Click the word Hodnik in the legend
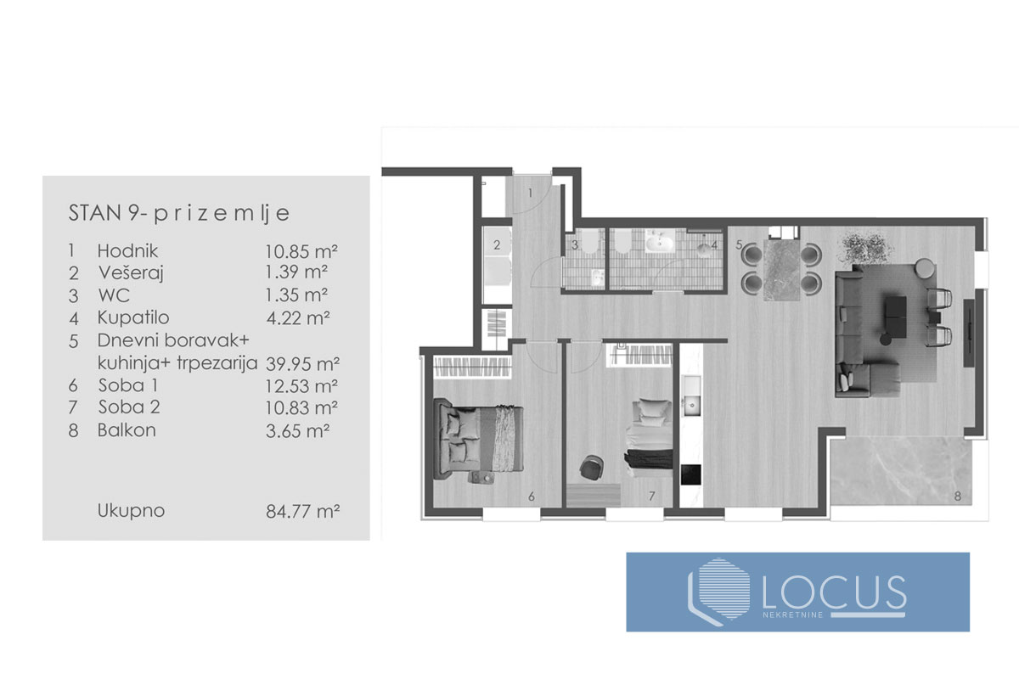coord(127,250)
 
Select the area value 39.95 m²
coord(302,364)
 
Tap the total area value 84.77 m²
coord(302,511)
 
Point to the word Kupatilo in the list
coord(133,317)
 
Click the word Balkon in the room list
coord(127,429)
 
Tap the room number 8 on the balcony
coord(958,497)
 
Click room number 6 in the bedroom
coord(532,497)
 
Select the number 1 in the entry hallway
coord(530,194)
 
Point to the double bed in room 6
coord(478,439)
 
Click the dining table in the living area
coord(781,270)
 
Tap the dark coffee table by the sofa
coord(895,317)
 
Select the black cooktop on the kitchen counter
coord(690,474)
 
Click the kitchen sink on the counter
coord(691,403)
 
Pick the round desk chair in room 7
coord(591,467)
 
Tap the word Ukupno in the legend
coord(131,511)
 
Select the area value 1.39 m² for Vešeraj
coord(296,272)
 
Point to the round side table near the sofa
coord(925,268)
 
